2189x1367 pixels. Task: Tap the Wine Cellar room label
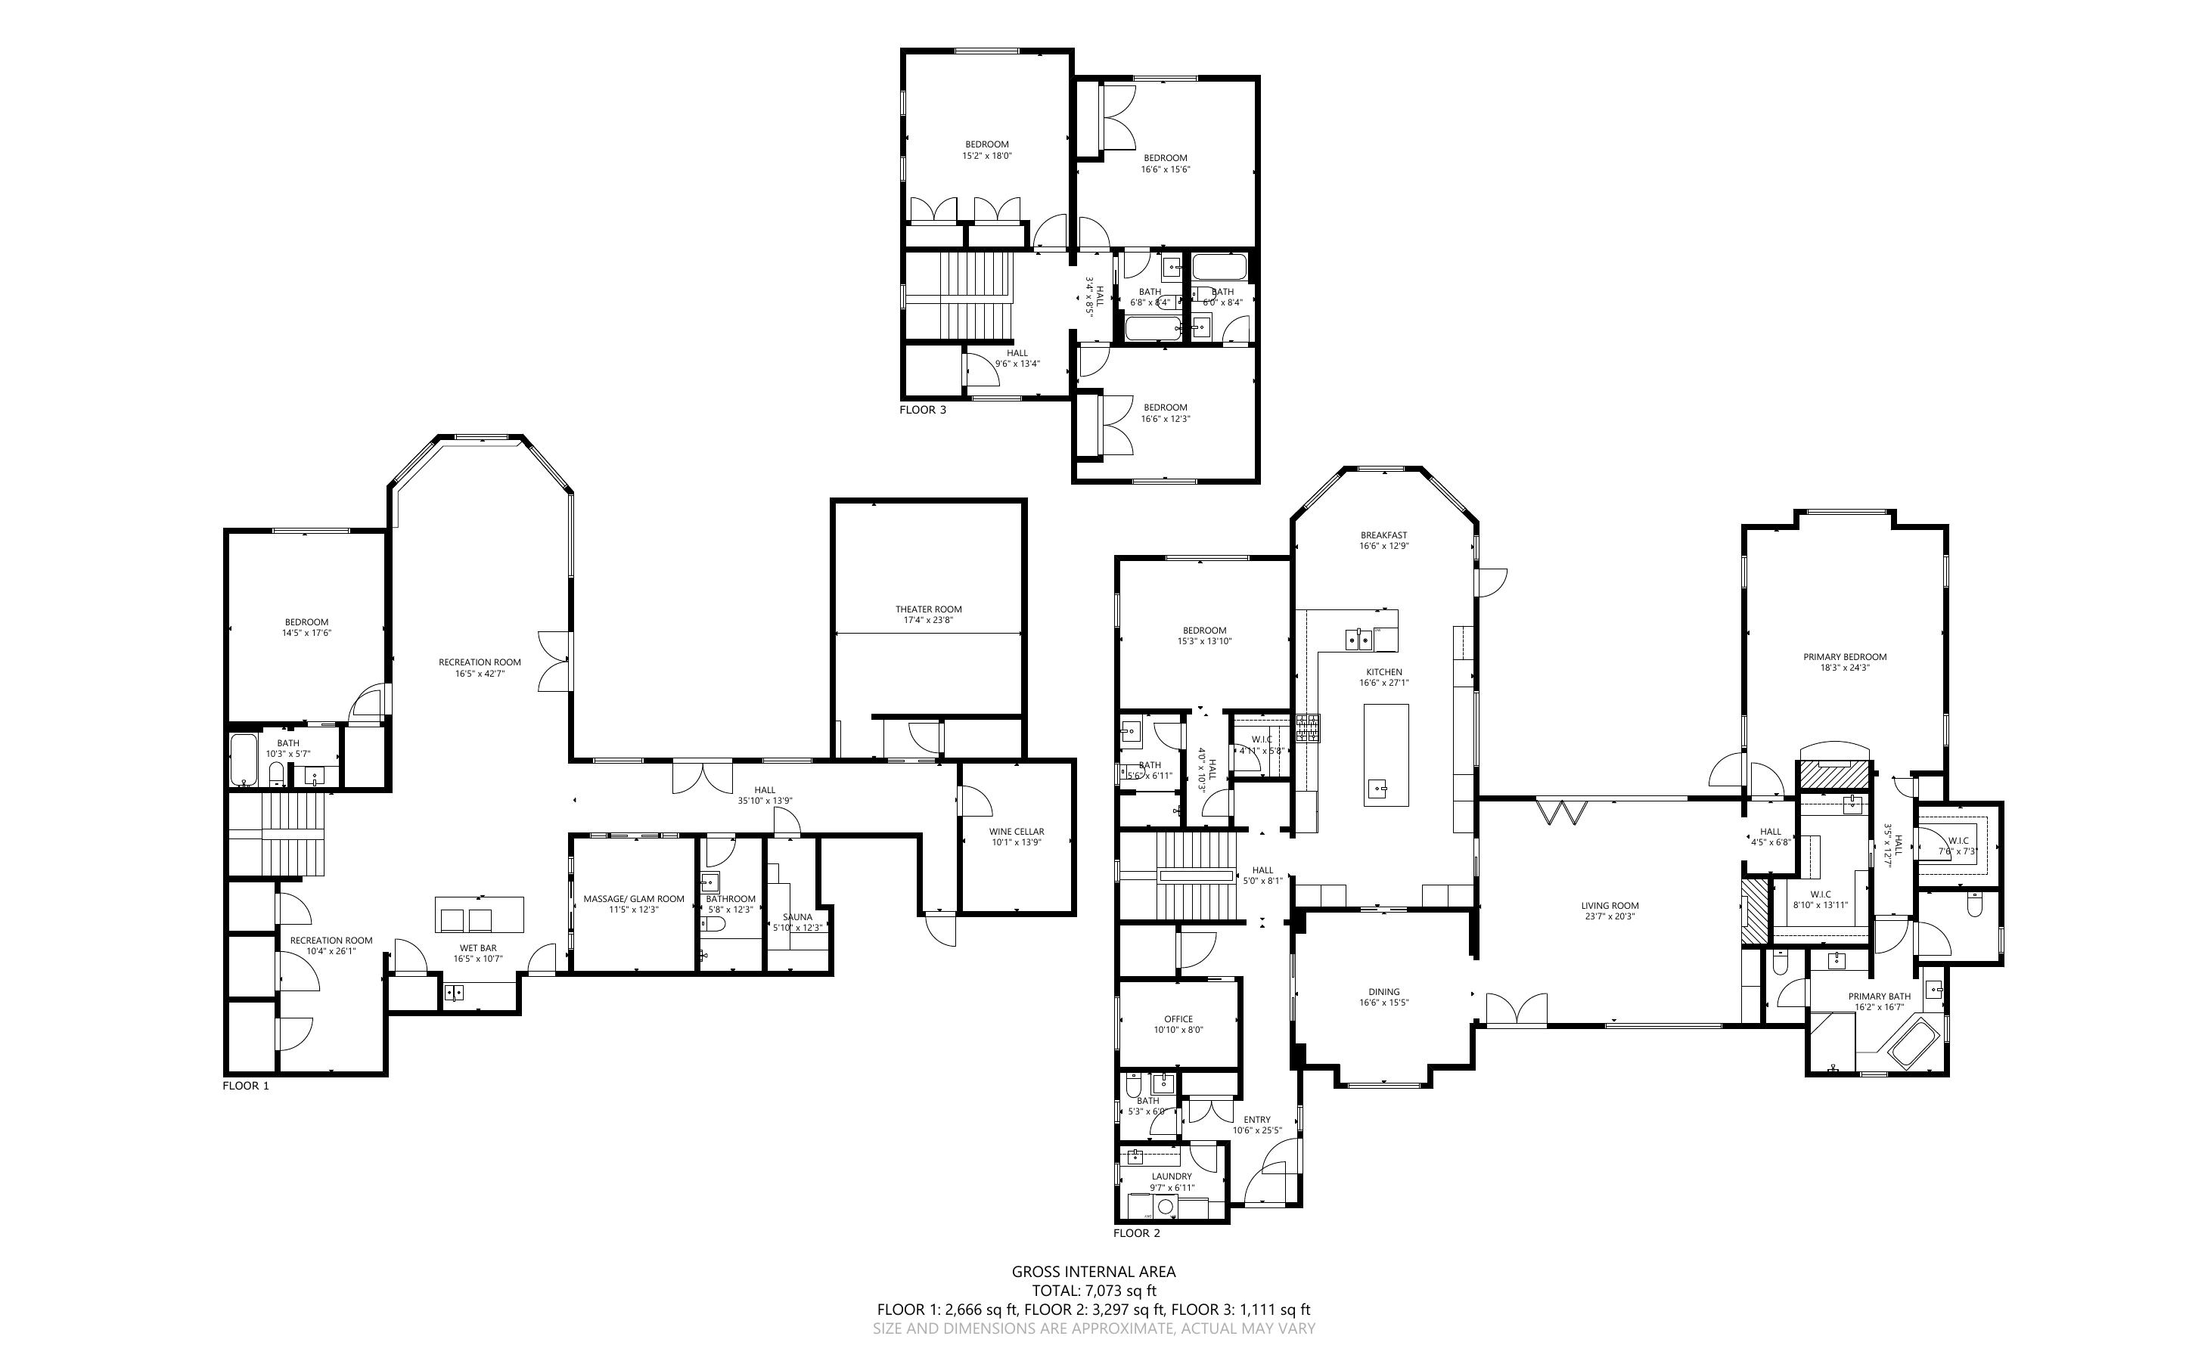[x=1017, y=832]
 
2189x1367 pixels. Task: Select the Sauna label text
[x=797, y=917]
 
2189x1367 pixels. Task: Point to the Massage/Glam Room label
[x=634, y=899]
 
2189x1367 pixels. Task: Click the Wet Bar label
[x=477, y=948]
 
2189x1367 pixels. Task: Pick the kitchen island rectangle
[x=1385, y=755]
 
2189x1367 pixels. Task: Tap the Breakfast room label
[x=1383, y=535]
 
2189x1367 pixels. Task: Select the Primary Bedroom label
[x=1845, y=657]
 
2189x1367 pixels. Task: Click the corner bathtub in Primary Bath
[x=1910, y=1043]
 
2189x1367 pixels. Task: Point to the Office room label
[x=1178, y=1019]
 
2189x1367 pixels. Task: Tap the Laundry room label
[x=1171, y=1176]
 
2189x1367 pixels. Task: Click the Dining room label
[x=1383, y=992]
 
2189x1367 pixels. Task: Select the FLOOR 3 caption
[x=922, y=411]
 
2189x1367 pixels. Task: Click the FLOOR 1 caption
[x=246, y=1086]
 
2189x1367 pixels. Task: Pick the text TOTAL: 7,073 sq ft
[x=1094, y=1291]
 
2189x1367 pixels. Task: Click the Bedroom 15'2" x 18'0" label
[x=986, y=144]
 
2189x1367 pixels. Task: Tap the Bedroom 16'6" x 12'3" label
[x=1165, y=408]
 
